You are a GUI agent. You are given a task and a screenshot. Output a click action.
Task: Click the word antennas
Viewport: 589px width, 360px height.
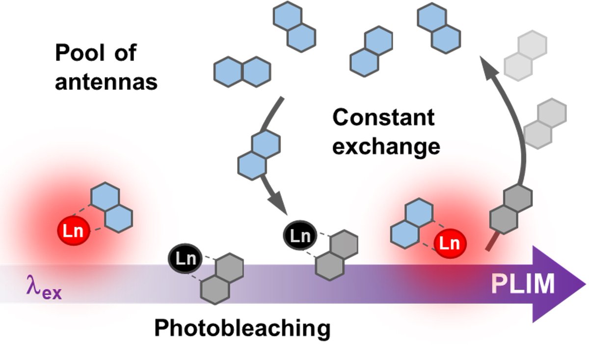pos(106,81)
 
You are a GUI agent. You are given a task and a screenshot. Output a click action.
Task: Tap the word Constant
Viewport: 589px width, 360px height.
pos(384,118)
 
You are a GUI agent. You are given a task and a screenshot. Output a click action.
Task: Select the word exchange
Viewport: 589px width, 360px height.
pos(386,146)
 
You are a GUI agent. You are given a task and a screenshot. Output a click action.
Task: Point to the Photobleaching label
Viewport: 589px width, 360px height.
pos(242,329)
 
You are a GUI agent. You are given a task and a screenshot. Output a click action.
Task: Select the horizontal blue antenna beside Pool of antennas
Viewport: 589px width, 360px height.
pos(241,72)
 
